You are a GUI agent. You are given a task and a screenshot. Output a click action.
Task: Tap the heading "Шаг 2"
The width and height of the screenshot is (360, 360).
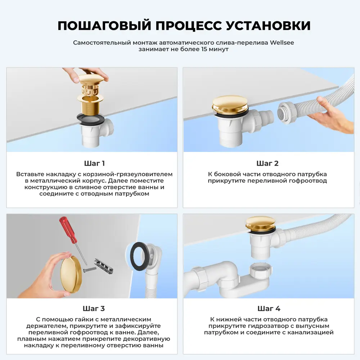[267, 163]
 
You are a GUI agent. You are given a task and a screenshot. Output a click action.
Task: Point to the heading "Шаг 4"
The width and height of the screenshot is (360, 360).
[269, 309]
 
